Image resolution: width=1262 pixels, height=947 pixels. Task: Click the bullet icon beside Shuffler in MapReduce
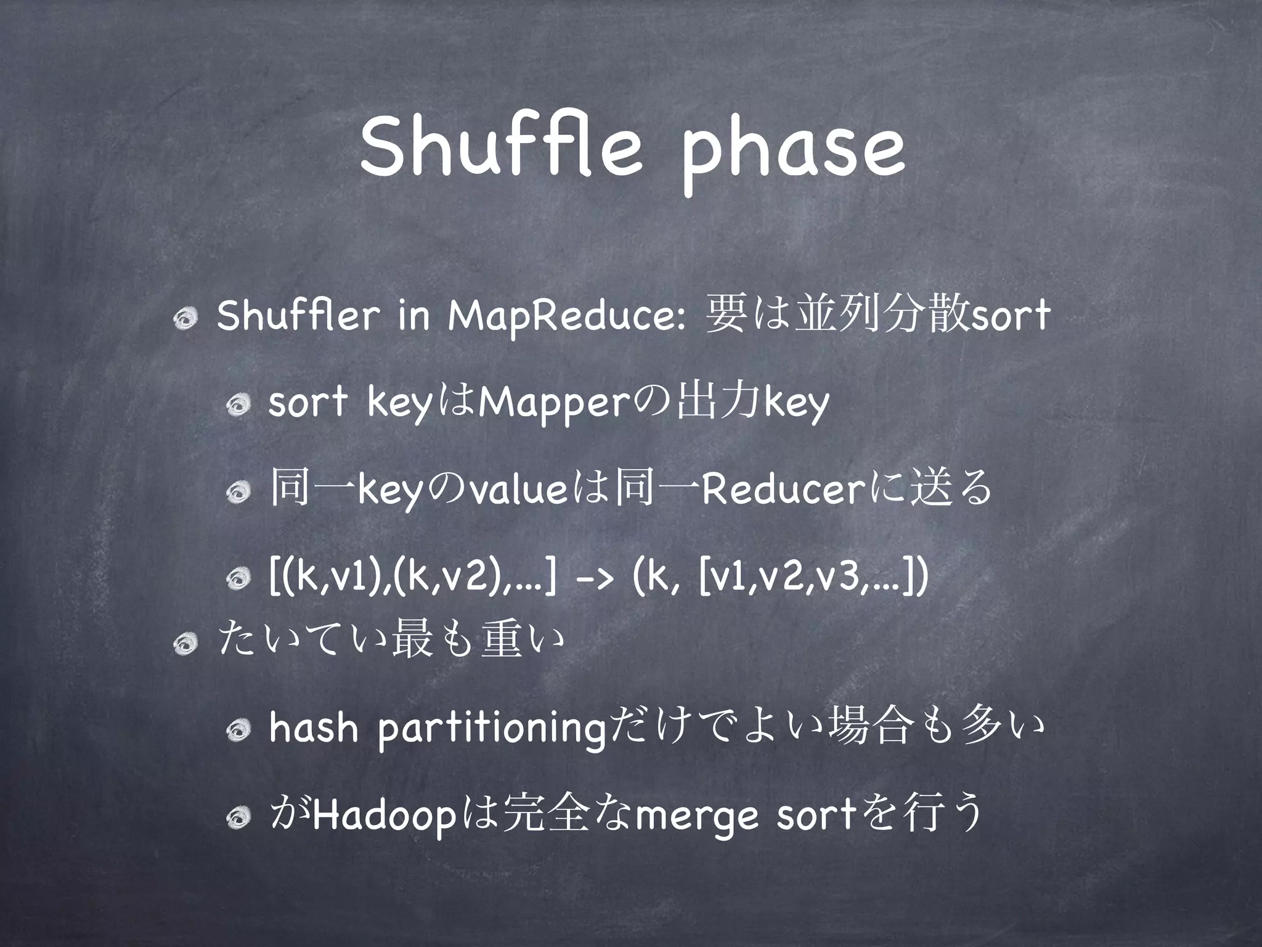184,319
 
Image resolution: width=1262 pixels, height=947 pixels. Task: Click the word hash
313,729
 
